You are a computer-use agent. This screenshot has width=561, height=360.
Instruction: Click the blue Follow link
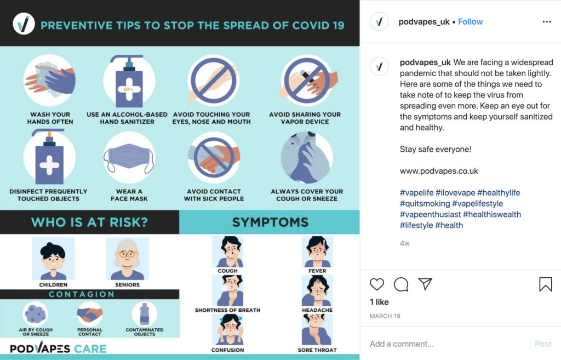pos(470,22)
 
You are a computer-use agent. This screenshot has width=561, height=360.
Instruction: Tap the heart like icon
pos(377,284)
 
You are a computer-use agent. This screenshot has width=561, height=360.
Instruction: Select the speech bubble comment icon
pos(401,284)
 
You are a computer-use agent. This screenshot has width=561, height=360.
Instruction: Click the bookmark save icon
pos(546,284)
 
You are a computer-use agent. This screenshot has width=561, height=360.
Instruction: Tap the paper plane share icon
pos(425,284)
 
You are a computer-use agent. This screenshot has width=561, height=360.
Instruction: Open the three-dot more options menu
pos(547,22)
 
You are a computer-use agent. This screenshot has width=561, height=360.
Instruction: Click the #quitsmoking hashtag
pos(425,204)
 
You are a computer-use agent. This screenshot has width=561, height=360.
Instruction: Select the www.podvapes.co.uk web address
pos(439,171)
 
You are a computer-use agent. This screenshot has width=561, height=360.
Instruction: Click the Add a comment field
pos(402,344)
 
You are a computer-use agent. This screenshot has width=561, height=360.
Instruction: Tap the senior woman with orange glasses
pos(127,259)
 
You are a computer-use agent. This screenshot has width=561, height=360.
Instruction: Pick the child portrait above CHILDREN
pos(53,259)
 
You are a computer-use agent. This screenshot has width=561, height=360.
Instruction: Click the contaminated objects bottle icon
pos(145,314)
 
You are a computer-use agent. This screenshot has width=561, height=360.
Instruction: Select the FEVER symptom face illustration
pos(317,252)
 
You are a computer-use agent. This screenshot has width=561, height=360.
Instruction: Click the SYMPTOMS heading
pos(270,222)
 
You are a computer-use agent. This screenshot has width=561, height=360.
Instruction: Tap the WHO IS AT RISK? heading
pos(89,222)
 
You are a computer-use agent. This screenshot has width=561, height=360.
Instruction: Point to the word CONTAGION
pos(82,294)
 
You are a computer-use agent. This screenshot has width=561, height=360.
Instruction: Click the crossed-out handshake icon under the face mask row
pos(214,158)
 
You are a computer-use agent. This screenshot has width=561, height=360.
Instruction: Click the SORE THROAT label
pos(317,350)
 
